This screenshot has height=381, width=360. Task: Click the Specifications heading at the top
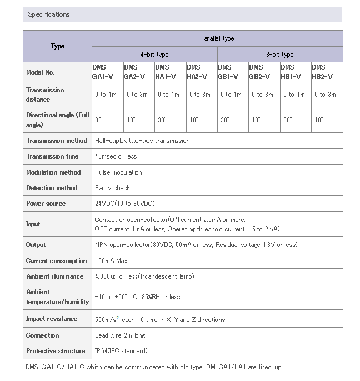click(x=49, y=14)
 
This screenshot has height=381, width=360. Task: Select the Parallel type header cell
click(x=217, y=38)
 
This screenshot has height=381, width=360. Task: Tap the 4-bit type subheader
click(x=154, y=55)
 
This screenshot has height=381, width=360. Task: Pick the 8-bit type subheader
click(x=279, y=55)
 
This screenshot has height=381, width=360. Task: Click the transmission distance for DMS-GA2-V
click(x=137, y=95)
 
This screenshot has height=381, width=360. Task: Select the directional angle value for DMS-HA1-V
click(x=162, y=120)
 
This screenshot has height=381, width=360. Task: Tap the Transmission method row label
click(x=57, y=141)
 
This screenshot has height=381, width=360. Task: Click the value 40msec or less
click(x=116, y=156)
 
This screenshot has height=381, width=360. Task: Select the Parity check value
click(x=112, y=188)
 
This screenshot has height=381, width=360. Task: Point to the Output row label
click(x=36, y=245)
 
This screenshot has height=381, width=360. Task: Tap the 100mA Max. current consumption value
click(x=113, y=261)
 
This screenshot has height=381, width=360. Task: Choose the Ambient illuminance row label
click(x=55, y=276)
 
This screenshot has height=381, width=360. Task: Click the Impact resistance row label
click(x=51, y=319)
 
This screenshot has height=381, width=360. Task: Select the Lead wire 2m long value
click(x=120, y=335)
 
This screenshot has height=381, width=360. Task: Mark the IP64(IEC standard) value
click(x=121, y=351)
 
